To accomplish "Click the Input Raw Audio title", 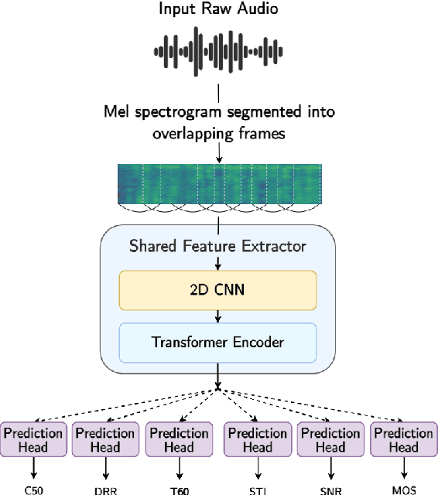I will coord(218,9).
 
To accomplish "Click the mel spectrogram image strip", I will coord(218,184).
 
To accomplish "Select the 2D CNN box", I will coord(218,291).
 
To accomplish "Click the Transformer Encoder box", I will coord(218,343).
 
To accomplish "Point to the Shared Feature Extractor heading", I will coord(218,247).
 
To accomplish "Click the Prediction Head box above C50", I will coord(33,440).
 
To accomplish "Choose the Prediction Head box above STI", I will coord(256,440).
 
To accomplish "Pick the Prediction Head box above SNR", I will coord(330,440).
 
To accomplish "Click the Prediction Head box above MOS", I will coord(403,440).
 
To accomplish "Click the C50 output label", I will coord(33,489).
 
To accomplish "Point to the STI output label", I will coord(256,489).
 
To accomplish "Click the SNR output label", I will coord(330,489).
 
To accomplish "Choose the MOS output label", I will coord(403,489).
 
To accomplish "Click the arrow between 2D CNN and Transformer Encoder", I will coord(218,316).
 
